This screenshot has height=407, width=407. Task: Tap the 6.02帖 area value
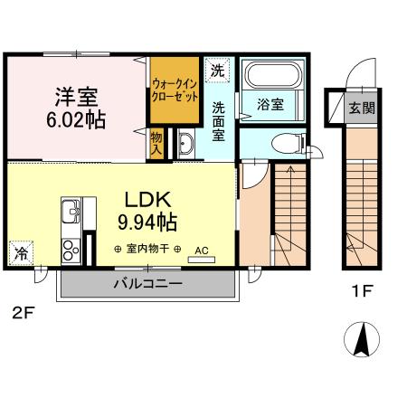pos(77,118)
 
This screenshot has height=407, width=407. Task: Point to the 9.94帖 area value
pos(146,220)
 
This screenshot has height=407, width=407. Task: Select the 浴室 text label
pos(271,104)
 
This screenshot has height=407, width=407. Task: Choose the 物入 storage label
pos(157,143)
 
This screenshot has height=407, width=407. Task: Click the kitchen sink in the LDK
pos(70,214)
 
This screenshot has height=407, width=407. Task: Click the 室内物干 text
pos(147,249)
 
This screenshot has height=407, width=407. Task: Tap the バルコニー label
pos(147,283)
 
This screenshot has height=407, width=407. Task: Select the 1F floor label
pos(362,291)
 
